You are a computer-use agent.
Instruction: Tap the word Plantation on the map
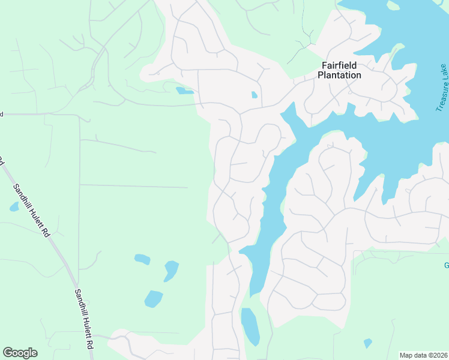[x=340, y=76]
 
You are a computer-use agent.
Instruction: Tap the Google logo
[x=20, y=353]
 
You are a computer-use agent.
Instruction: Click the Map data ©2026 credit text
[x=423, y=355]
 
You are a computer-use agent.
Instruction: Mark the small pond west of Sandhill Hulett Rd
[x=14, y=207]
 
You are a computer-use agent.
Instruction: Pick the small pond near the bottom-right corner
[x=367, y=343]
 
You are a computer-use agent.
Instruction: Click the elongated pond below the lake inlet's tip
[x=250, y=326]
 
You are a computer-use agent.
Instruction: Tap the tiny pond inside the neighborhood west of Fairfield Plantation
[x=255, y=95]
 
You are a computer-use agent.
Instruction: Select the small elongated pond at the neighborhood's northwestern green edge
[x=184, y=91]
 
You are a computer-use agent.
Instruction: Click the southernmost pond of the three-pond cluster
[x=154, y=298]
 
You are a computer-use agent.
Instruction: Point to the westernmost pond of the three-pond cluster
[x=142, y=259]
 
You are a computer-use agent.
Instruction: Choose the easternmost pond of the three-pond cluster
[x=171, y=270]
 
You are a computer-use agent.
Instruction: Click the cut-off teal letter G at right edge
[x=446, y=266]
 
